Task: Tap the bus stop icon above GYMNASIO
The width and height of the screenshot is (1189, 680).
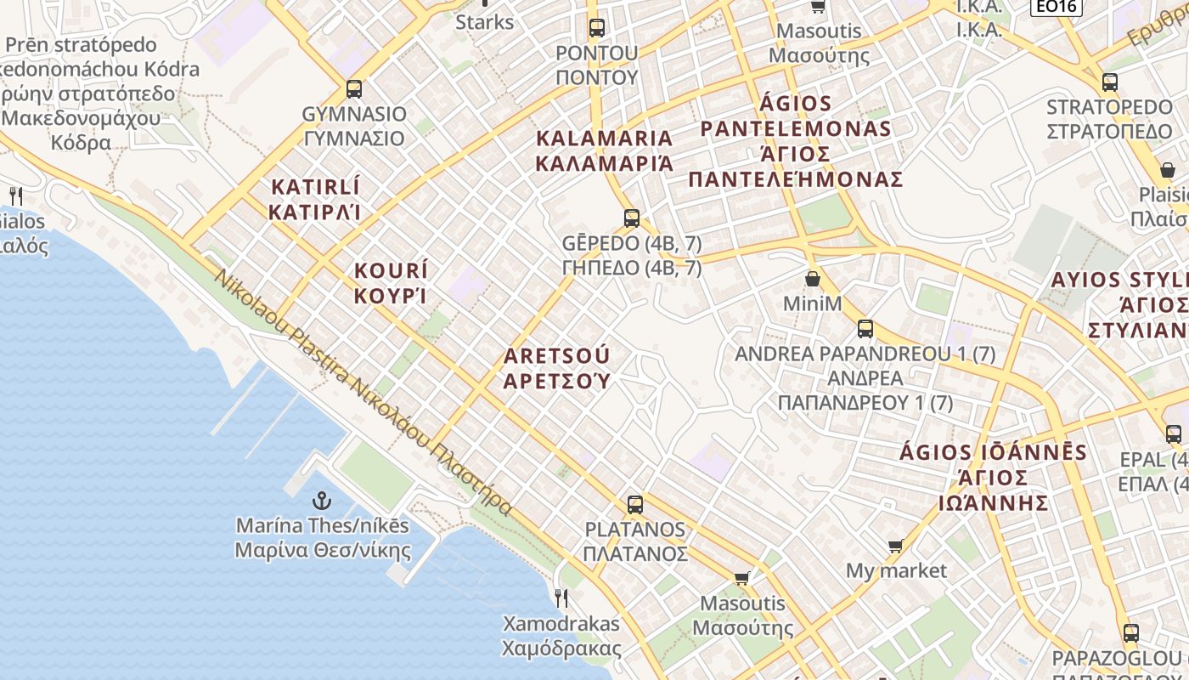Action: pyautogui.click(x=354, y=88)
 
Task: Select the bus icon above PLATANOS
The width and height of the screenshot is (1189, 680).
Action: pyautogui.click(x=634, y=505)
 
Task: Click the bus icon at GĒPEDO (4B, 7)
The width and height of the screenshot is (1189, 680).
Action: pyautogui.click(x=631, y=218)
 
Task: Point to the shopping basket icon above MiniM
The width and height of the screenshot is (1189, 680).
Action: pyautogui.click(x=813, y=279)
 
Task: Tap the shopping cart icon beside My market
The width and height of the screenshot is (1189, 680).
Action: pyautogui.click(x=895, y=546)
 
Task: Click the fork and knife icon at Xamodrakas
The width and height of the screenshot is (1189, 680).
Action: pyautogui.click(x=561, y=598)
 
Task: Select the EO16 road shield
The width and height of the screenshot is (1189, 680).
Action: pyautogui.click(x=1056, y=7)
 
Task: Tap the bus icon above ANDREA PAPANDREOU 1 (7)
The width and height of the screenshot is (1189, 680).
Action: pyautogui.click(x=865, y=328)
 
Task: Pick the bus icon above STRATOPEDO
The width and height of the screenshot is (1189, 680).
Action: pyautogui.click(x=1109, y=82)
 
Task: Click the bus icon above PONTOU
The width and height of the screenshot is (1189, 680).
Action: pyautogui.click(x=596, y=27)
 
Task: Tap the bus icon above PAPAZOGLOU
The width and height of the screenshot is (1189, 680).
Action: pyautogui.click(x=1130, y=632)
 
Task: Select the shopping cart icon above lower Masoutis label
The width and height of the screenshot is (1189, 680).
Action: pyautogui.click(x=741, y=578)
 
